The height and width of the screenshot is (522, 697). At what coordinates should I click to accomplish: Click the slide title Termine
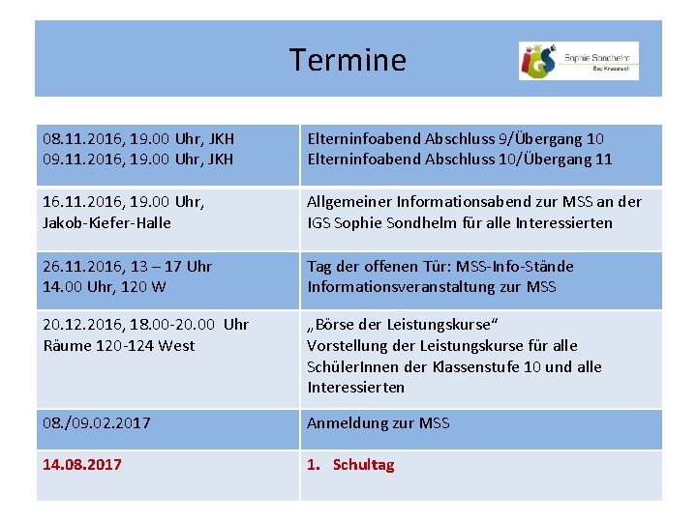click(348, 60)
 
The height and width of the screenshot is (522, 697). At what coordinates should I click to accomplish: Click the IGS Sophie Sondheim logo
click(578, 60)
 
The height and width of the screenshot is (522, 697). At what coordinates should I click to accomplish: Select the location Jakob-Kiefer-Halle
click(106, 222)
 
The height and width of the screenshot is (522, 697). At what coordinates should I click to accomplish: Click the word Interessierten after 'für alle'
click(565, 222)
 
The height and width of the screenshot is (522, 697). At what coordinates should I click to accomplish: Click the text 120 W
click(141, 287)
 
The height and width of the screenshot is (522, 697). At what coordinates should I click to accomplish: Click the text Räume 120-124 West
click(118, 345)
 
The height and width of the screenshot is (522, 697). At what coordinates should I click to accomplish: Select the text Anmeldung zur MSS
click(378, 423)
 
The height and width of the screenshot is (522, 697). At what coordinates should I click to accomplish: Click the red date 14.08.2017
click(82, 465)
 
